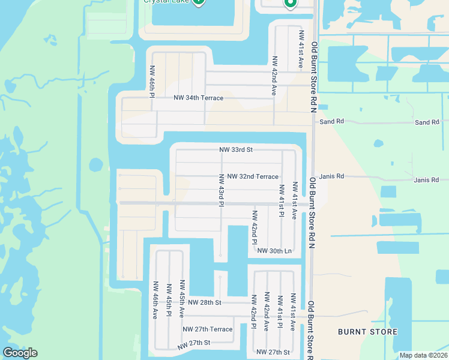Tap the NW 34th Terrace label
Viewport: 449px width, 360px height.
click(198, 98)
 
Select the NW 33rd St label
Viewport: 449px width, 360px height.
click(236, 149)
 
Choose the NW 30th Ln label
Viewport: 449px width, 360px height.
click(274, 251)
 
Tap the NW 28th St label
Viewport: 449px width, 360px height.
click(205, 302)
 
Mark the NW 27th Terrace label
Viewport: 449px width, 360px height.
click(207, 329)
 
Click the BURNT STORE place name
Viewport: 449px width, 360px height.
click(367, 332)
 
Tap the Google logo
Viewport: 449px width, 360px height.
click(20, 353)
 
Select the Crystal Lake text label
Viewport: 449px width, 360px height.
click(166, 1)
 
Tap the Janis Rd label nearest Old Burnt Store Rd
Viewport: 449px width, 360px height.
click(332, 177)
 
